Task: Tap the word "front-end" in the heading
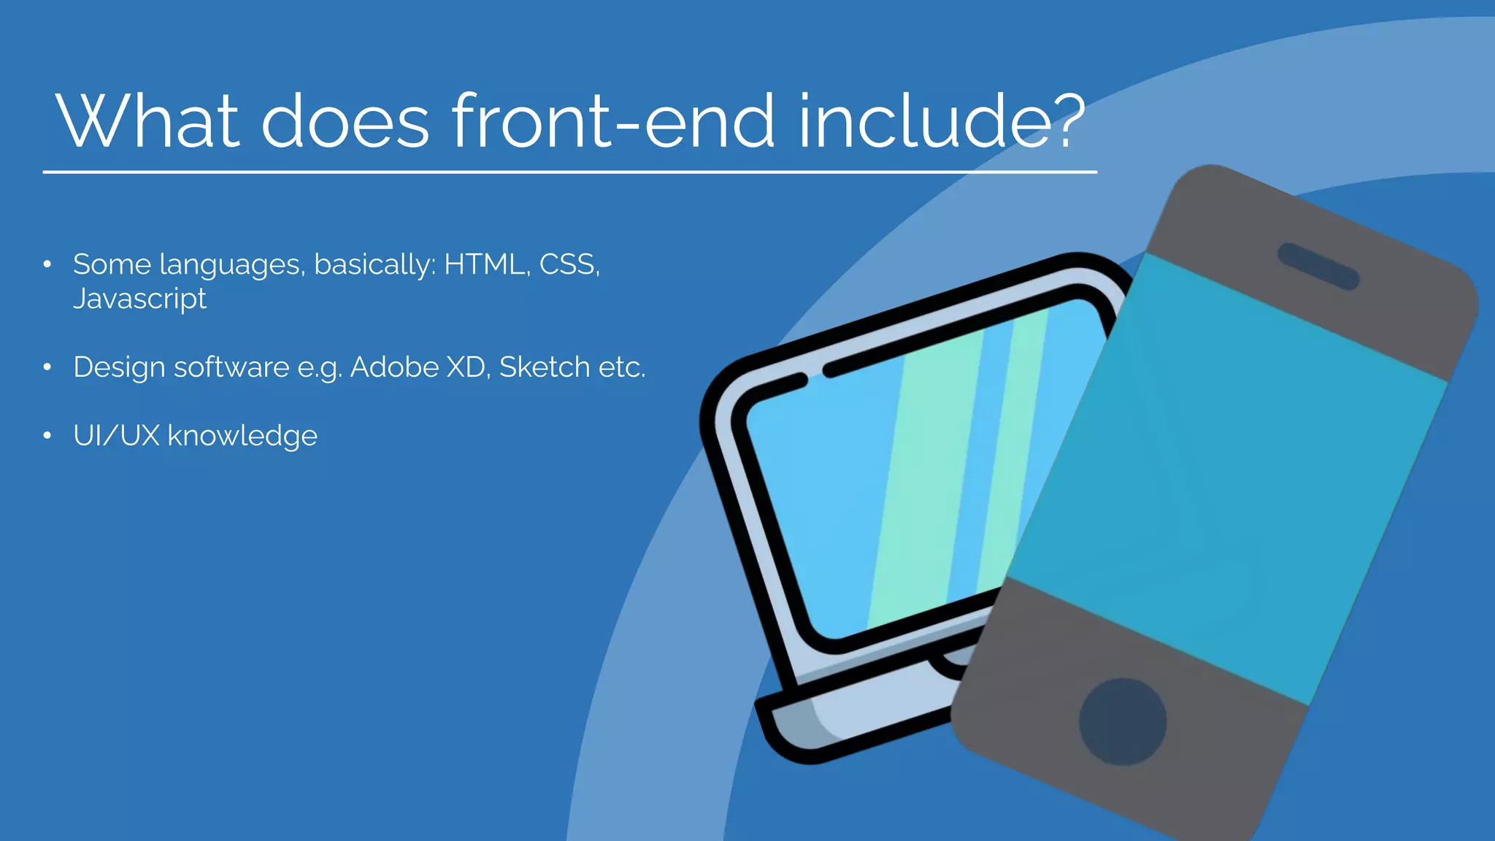[x=612, y=121]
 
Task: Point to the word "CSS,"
[x=569, y=264]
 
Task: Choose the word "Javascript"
[x=139, y=299]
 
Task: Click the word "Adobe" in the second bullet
[x=393, y=367]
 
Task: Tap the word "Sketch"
[x=544, y=367]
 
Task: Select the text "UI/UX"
[x=116, y=436]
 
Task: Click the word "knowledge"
[x=242, y=437]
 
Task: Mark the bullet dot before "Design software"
[x=47, y=367]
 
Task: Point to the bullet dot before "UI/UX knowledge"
[x=47, y=436]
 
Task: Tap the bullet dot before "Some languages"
[x=47, y=264]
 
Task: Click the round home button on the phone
[x=1122, y=721]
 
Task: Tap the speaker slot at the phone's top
[x=1318, y=266]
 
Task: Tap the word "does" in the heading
[x=345, y=121]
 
